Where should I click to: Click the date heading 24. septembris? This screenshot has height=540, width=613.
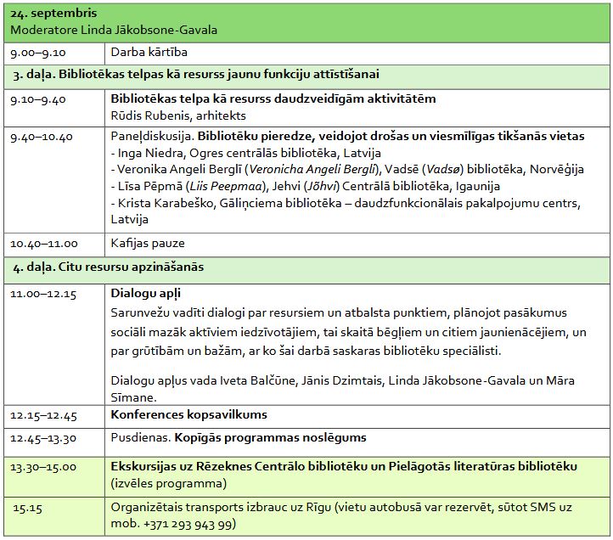pyautogui.click(x=53, y=14)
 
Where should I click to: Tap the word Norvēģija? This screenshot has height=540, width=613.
pyautogui.click(x=554, y=170)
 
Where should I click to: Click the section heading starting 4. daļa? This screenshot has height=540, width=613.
pyautogui.click(x=108, y=267)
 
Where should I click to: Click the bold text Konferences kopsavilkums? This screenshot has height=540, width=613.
pyautogui.click(x=188, y=415)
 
